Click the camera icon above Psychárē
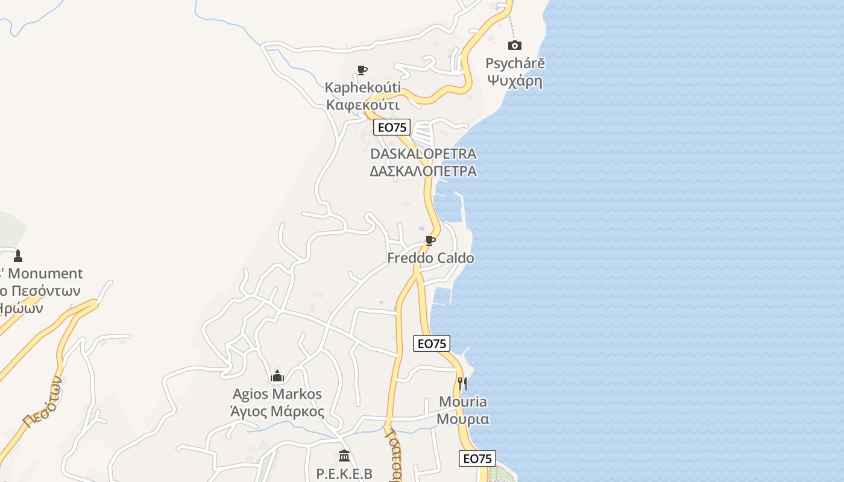(514, 45)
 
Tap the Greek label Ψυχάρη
(515, 80)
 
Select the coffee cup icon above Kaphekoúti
(362, 70)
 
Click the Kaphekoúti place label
(362, 88)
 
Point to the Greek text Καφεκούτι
(363, 105)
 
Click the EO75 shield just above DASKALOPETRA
(392, 127)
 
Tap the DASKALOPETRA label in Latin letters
(423, 154)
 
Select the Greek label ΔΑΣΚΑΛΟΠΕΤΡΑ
(423, 171)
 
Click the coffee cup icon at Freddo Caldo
(430, 241)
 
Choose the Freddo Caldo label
(430, 258)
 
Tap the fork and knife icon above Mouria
(462, 383)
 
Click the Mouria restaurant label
(462, 402)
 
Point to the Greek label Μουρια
(462, 419)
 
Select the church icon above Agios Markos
(277, 376)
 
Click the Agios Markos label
(277, 394)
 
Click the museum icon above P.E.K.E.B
(344, 455)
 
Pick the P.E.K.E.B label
(344, 474)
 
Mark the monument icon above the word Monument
(18, 255)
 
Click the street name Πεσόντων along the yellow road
(43, 402)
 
